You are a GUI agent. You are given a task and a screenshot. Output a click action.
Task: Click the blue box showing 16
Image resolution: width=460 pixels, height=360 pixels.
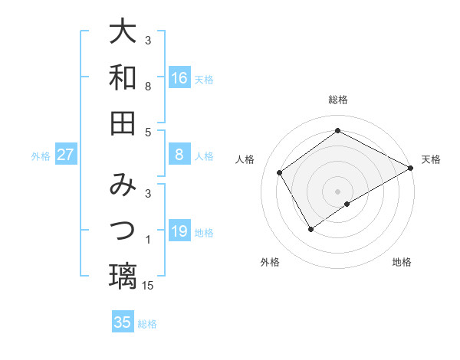coord(179,78)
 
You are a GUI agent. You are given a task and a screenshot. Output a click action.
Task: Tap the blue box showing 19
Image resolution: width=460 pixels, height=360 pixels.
coord(179,232)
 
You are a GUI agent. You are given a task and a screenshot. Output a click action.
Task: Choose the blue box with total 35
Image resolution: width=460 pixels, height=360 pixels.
coord(123,322)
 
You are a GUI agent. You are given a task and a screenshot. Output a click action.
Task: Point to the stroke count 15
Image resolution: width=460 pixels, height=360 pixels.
coord(149,286)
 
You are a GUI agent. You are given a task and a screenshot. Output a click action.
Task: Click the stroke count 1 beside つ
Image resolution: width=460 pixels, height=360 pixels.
coord(148,241)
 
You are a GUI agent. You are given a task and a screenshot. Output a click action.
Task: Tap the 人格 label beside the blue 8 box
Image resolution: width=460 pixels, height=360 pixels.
coord(204,156)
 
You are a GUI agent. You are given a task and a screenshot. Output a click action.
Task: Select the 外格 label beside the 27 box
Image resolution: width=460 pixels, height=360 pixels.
coord(41,156)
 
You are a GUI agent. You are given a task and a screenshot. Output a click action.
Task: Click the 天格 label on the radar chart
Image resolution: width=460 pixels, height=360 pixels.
coord(431,159)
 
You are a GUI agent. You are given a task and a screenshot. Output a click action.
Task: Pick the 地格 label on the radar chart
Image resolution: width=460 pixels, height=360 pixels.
coord(402,262)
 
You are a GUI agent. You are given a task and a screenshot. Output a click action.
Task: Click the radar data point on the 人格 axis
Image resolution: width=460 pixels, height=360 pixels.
coord(280,172)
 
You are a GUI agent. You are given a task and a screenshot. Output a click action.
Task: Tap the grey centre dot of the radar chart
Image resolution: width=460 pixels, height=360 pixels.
coord(338,191)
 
